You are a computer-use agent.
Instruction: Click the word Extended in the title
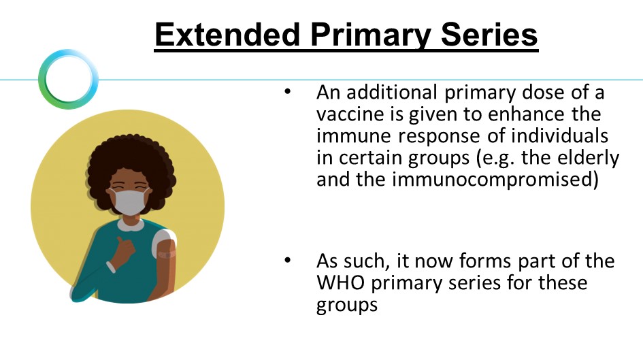(x=227, y=35)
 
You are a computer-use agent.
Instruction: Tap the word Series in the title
(x=489, y=35)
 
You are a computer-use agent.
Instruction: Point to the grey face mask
(x=129, y=201)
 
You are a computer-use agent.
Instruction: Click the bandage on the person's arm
(x=167, y=255)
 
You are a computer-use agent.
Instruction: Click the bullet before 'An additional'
(x=287, y=91)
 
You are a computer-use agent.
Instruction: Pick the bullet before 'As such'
(x=287, y=260)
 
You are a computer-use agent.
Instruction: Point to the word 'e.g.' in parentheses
(x=498, y=159)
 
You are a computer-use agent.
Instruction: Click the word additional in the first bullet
(x=392, y=93)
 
